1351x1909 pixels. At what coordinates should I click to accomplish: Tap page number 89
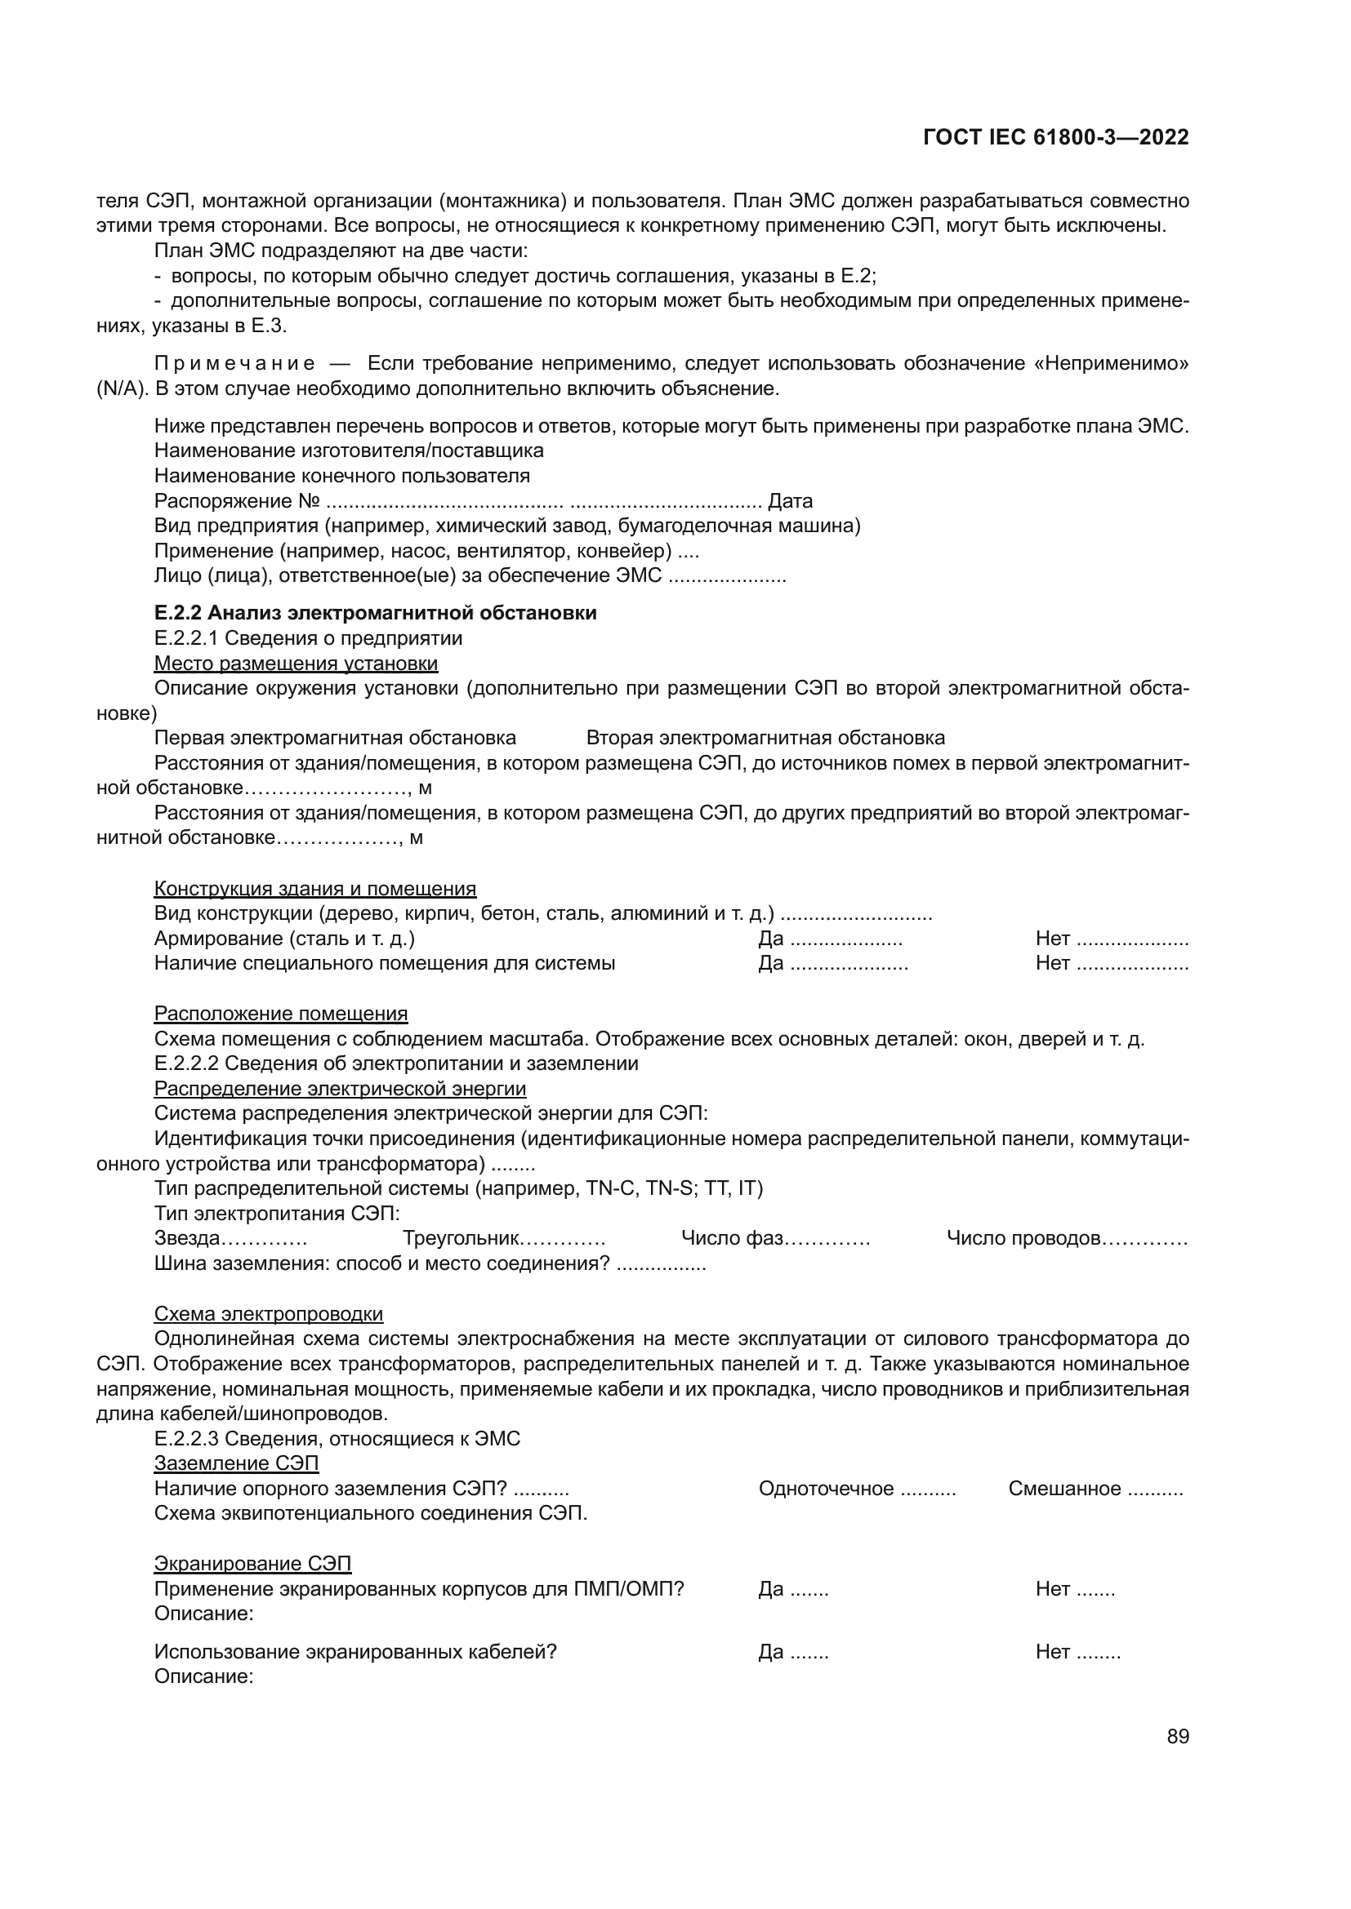click(1177, 1737)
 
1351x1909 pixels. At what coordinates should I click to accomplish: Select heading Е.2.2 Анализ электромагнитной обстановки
click(375, 613)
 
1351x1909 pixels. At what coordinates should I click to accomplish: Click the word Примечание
click(234, 364)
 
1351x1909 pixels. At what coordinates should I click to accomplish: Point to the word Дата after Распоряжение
click(790, 501)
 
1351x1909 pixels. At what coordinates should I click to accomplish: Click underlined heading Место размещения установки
click(297, 664)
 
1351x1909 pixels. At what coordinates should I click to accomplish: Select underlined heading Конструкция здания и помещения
click(315, 889)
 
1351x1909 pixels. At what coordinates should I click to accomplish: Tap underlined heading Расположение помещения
click(281, 1014)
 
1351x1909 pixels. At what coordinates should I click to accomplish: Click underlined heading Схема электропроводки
click(269, 1314)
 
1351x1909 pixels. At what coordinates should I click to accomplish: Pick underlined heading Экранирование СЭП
click(253, 1563)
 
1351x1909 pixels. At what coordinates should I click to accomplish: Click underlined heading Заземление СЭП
click(236, 1463)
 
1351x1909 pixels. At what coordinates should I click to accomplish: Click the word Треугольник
click(461, 1238)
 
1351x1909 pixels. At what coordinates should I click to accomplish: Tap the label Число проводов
click(1024, 1238)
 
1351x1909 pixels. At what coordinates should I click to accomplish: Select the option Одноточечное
click(825, 1489)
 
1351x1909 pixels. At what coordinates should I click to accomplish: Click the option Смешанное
click(1064, 1489)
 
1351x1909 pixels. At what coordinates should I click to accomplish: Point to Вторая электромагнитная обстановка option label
click(765, 739)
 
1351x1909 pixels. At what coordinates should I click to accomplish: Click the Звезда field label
click(187, 1238)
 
